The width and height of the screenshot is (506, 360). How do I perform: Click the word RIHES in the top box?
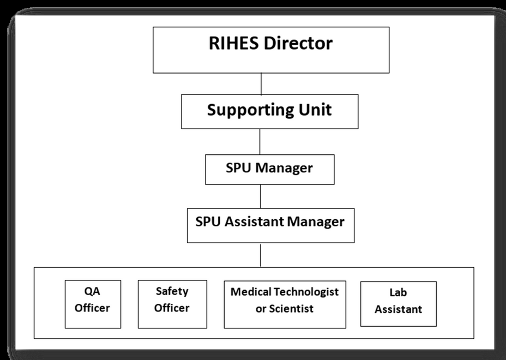[x=234, y=43]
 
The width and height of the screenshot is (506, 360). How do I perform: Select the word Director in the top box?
[x=298, y=43]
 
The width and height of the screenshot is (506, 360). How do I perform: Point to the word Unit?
[x=315, y=110]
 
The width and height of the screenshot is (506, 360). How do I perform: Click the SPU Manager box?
[x=270, y=170]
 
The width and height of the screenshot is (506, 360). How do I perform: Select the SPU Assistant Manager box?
[x=271, y=225]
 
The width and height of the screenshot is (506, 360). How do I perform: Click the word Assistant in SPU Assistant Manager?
[x=254, y=221]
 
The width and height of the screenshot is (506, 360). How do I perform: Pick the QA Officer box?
[x=93, y=304]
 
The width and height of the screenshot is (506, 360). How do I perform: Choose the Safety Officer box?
[x=172, y=304]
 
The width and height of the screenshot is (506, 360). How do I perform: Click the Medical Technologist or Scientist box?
[x=285, y=304]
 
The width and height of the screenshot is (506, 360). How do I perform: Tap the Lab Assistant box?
[x=398, y=304]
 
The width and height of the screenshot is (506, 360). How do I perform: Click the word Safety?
[x=172, y=291]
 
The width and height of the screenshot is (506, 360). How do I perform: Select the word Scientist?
[x=291, y=309]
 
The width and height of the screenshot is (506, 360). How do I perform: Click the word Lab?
[x=398, y=292]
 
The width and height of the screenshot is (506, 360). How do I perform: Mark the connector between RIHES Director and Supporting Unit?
[x=261, y=83]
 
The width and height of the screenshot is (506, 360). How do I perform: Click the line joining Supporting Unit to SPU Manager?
[x=260, y=141]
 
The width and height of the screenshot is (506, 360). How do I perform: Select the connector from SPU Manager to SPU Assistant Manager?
[x=261, y=196]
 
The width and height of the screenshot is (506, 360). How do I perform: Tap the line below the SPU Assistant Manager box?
[x=261, y=256]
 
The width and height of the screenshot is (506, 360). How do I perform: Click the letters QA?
[x=92, y=291]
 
